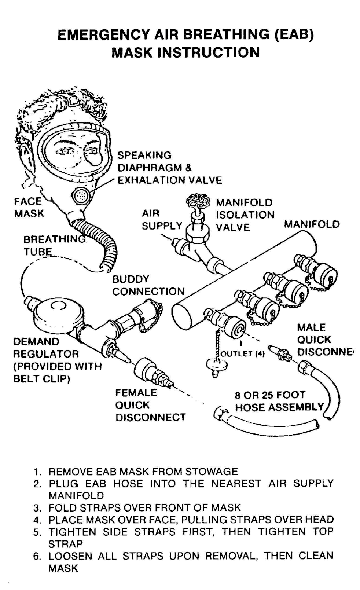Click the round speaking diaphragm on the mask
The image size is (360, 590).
pos(80,195)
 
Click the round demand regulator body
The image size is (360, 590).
pos(56,315)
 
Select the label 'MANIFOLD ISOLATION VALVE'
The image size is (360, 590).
pos(245,215)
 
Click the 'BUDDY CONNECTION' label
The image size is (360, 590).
pos(148,285)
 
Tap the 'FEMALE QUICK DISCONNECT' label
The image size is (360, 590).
pos(150,405)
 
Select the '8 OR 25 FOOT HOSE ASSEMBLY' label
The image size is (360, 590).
pos(279,401)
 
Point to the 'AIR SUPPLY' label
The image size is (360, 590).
pos(162,219)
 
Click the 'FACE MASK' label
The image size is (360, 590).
pos(29,207)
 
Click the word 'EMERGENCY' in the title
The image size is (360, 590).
pos(103,35)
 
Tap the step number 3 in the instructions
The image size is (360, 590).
pos(36,508)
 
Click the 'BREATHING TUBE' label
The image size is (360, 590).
pos(54,245)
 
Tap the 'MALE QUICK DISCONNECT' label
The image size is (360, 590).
pos(325,340)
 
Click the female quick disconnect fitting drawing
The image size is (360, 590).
pos(153,372)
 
